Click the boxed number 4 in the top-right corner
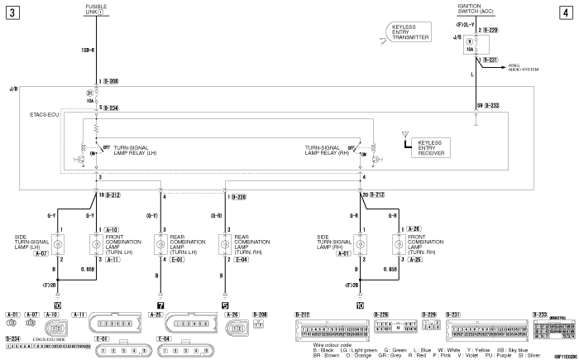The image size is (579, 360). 567,12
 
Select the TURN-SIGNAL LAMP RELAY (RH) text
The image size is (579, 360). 324,151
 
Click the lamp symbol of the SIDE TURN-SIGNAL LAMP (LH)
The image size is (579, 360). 59,244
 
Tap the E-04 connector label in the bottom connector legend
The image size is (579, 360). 164,338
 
